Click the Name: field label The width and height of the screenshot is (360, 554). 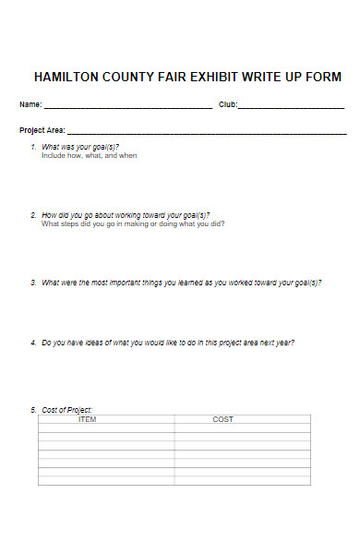pos(30,104)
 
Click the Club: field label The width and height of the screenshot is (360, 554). pos(228,104)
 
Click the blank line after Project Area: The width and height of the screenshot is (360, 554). pos(207,133)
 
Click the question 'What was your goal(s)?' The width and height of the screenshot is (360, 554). pos(80,148)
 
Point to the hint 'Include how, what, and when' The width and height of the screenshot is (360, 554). pos(89,156)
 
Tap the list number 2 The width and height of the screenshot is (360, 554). pos(33,215)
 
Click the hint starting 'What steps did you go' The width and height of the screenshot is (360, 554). pos(133,223)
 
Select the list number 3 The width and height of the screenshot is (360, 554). pos(33,283)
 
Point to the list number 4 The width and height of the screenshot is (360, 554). pos(33,343)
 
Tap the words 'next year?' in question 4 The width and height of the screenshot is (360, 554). pos(275,343)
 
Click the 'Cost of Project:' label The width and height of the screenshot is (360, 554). pos(67,410)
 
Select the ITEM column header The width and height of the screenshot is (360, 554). pos(88,419)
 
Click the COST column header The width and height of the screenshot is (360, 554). pos(223,419)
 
